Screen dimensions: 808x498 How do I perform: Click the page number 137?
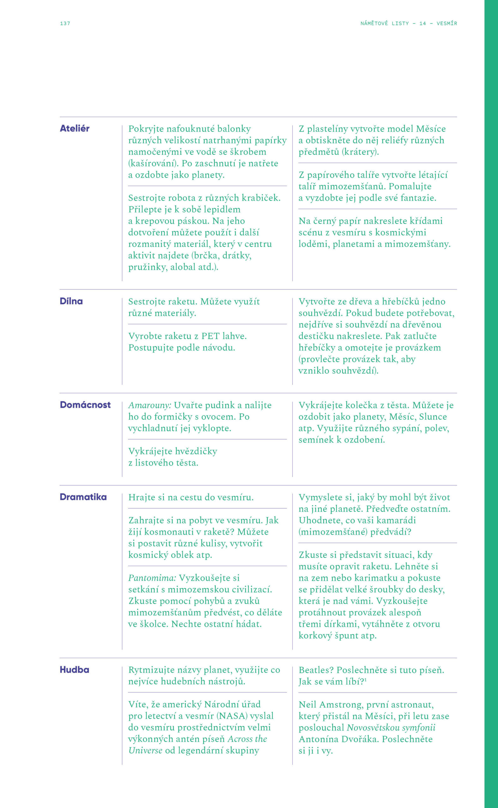click(65, 23)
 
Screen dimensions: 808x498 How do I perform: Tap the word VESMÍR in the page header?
click(447, 23)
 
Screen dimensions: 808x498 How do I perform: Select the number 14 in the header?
click(423, 23)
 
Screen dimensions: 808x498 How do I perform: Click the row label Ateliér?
click(75, 128)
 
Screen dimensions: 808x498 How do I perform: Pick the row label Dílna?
click(71, 301)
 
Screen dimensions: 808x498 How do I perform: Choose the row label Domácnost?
click(85, 405)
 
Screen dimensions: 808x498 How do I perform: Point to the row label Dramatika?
click(83, 497)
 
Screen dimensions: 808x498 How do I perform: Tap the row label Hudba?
click(75, 670)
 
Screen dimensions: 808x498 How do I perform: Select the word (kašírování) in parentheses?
click(153, 163)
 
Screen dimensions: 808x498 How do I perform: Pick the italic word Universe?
click(145, 751)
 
